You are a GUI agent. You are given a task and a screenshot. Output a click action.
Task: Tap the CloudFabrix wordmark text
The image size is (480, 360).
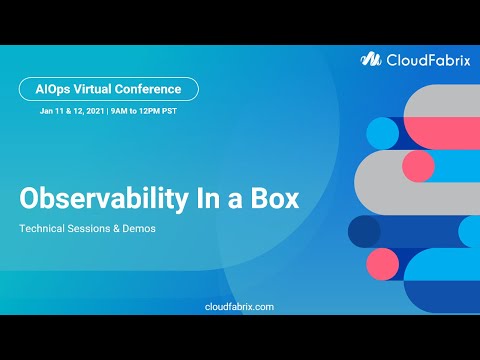point(422,59)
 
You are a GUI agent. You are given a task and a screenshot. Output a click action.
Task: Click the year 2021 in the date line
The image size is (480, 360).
point(91,112)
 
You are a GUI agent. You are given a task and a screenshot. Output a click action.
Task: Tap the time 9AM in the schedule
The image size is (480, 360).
point(118,112)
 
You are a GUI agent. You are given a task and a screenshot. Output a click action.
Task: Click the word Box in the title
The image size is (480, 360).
point(275,198)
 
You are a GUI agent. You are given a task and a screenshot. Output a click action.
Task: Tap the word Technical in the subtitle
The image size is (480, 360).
point(44,229)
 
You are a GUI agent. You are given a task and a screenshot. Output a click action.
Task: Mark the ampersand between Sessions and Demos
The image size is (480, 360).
point(125,229)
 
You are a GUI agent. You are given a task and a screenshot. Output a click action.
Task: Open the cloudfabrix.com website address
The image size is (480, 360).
point(239,307)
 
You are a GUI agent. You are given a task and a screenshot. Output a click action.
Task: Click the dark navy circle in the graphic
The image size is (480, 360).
point(364,231)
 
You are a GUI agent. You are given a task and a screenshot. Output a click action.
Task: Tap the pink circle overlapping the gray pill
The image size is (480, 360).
point(418,166)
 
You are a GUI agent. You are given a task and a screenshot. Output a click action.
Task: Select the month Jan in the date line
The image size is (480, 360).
point(46,112)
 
